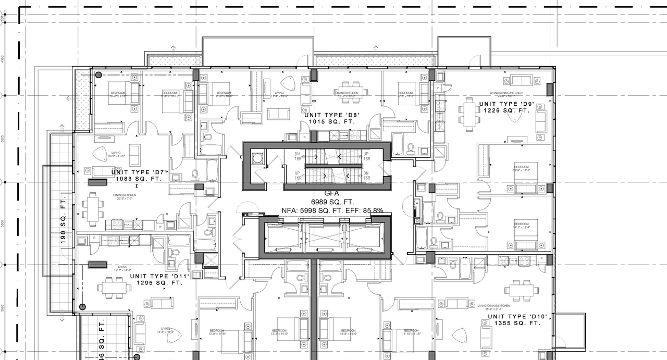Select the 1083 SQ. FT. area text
(x=139, y=179)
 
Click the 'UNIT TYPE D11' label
(x=159, y=276)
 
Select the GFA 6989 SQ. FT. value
(x=332, y=202)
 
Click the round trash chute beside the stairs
(x=256, y=158)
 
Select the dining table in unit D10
(x=521, y=291)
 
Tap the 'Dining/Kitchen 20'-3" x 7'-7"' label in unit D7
(x=120, y=196)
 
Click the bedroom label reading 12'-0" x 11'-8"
(x=217, y=332)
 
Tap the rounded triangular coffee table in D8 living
(x=288, y=83)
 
